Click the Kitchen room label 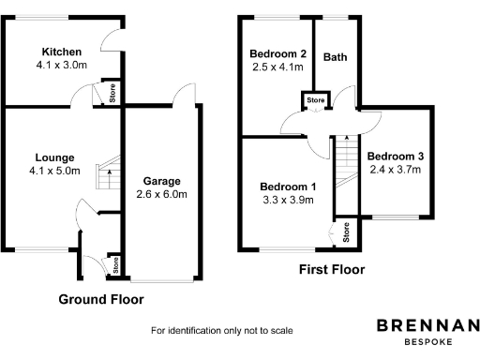point(61,52)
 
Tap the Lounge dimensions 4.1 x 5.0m point(54,172)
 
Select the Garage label point(162,181)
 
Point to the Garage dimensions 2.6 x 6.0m point(162,195)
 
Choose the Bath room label point(335,57)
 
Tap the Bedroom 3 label point(395,156)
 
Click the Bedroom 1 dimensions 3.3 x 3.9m point(289,201)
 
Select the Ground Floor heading point(101,300)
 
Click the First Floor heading point(331,270)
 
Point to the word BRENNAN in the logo point(427,325)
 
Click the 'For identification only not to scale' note point(222,331)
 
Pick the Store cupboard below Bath point(316,99)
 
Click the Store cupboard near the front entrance point(115,265)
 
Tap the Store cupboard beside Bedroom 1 point(345,232)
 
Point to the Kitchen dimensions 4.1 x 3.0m point(61,66)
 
